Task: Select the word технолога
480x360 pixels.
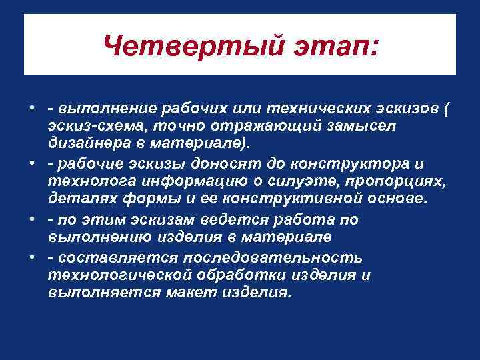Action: (85, 182)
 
